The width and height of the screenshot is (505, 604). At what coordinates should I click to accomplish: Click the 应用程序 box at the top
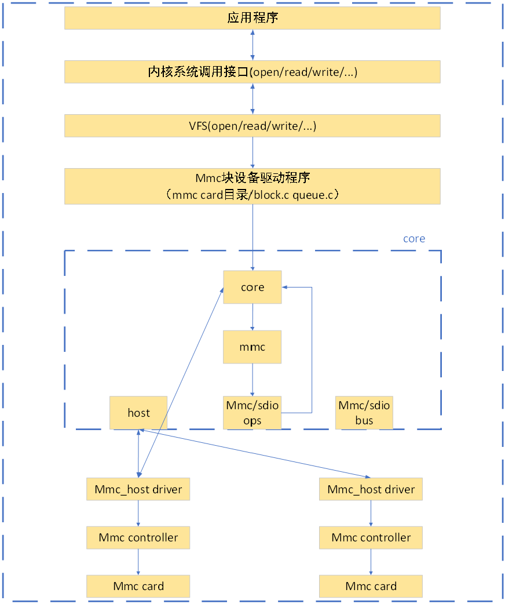252,18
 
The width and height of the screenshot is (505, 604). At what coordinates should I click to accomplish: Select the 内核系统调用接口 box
252,72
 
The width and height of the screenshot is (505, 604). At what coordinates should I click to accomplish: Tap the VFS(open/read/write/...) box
252,126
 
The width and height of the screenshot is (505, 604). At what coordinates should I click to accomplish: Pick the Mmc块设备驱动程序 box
252,186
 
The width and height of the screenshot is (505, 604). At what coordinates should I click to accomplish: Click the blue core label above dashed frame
413,239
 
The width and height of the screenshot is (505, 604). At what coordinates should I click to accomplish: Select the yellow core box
252,287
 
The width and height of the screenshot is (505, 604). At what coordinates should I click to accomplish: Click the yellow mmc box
252,347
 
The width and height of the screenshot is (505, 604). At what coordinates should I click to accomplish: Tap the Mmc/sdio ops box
252,413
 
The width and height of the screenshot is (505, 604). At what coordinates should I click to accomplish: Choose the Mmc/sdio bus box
364,413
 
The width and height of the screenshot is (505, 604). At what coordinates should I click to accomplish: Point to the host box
138,413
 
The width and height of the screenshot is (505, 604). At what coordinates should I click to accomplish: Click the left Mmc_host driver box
138,489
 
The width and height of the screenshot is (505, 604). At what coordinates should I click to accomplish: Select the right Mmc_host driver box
371,489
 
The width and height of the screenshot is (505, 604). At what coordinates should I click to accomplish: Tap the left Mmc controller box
138,537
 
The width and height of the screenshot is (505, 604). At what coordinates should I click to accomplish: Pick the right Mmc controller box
371,537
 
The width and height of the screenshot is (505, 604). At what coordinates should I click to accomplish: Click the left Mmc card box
138,586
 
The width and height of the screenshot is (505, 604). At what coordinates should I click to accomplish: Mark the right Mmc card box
371,586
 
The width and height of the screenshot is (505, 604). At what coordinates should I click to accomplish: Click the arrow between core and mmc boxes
252,317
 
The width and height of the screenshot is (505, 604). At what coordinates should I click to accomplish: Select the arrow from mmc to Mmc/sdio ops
252,380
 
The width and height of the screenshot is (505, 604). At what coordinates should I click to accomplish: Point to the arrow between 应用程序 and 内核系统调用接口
252,45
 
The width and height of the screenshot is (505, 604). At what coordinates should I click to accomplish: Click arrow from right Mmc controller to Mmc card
371,562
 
